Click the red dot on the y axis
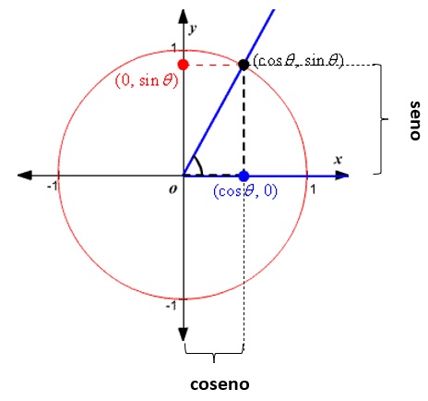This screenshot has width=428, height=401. tap(184, 65)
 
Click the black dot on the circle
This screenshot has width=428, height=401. tap(244, 65)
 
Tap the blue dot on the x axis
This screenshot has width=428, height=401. tap(244, 176)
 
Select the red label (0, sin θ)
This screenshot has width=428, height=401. tap(147, 81)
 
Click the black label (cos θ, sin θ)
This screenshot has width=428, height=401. tap(298, 61)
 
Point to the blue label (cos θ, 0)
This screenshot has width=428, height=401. tap(245, 191)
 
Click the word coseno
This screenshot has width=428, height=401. tap(220, 384)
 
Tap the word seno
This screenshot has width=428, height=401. tap(415, 120)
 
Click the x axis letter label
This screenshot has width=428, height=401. tap(339, 160)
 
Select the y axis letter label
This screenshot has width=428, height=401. tap(193, 29)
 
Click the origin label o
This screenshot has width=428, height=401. tap(173, 189)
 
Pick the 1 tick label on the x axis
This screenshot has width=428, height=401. tap(313, 189)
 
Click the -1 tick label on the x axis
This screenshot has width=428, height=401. tap(53, 186)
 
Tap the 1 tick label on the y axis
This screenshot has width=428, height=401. tap(174, 48)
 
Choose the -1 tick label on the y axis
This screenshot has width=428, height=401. tap(171, 306)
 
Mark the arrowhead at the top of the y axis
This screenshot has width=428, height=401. tap(184, 17)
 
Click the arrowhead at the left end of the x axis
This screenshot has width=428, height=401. tap(25, 176)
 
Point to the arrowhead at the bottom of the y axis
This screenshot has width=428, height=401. tap(184, 334)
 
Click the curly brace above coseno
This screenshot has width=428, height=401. tap(214, 354)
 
